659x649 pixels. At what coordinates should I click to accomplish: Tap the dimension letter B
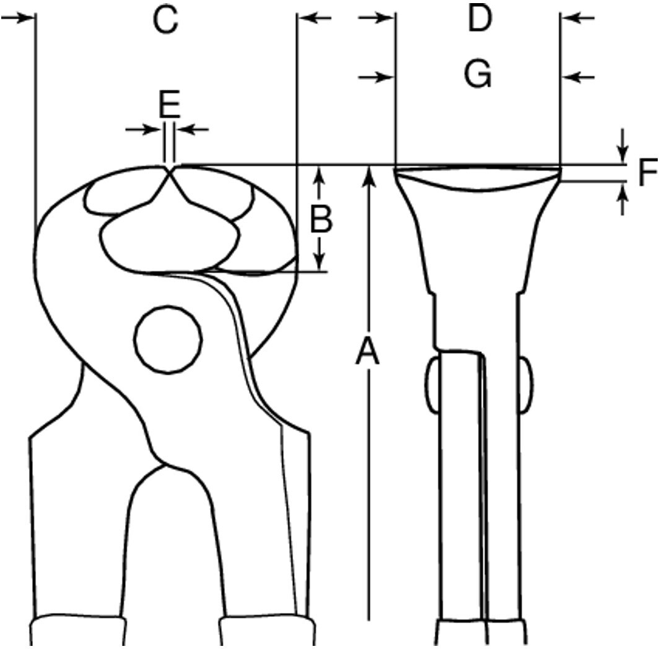point(321,219)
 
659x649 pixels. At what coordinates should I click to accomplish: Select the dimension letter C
point(165,20)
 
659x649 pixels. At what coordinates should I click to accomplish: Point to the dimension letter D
point(479,19)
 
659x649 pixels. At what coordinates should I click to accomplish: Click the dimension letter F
point(648,172)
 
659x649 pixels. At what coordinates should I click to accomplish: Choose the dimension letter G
point(478,74)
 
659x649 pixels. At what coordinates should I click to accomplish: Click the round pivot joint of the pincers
point(168,339)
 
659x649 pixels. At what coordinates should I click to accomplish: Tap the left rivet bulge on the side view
point(432,384)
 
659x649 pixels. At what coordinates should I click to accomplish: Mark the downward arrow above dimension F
point(622,146)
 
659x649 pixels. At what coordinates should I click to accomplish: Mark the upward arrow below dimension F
point(622,199)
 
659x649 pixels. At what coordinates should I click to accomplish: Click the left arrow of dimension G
point(376,77)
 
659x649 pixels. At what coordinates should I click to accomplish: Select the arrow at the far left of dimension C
point(17,18)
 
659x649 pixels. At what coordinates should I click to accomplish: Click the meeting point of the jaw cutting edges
point(169,171)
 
